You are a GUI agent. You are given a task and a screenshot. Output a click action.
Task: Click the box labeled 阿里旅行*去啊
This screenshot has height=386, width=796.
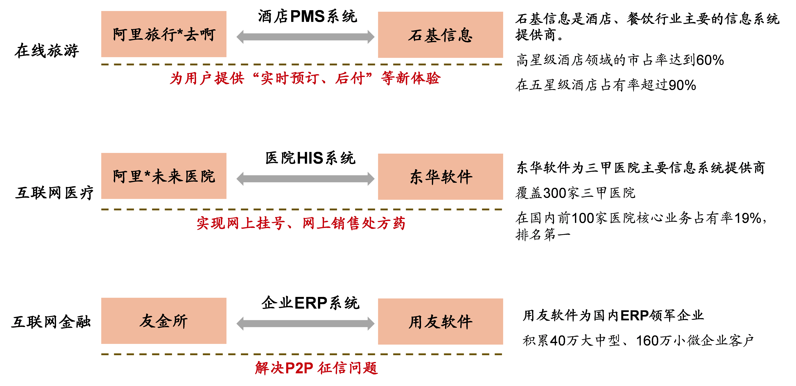click(164, 34)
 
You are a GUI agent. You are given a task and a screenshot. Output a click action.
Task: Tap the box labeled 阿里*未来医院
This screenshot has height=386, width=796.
click(164, 176)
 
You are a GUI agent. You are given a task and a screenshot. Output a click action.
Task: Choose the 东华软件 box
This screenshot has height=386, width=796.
click(440, 177)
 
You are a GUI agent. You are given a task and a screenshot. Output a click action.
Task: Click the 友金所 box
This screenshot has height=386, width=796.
click(164, 321)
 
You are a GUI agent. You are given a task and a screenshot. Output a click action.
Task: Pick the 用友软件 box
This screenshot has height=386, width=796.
click(440, 321)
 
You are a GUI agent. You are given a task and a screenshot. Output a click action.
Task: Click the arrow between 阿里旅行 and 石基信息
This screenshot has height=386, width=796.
click(305, 37)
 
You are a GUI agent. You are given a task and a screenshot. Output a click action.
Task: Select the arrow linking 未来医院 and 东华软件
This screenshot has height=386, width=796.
click(305, 179)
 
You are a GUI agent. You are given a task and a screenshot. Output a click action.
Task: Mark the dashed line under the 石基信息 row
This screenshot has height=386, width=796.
click(302, 65)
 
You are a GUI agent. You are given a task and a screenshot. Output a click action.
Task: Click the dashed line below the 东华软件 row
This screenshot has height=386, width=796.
click(302, 209)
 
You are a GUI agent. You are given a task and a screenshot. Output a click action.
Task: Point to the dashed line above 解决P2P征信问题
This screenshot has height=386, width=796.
click(302, 354)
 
